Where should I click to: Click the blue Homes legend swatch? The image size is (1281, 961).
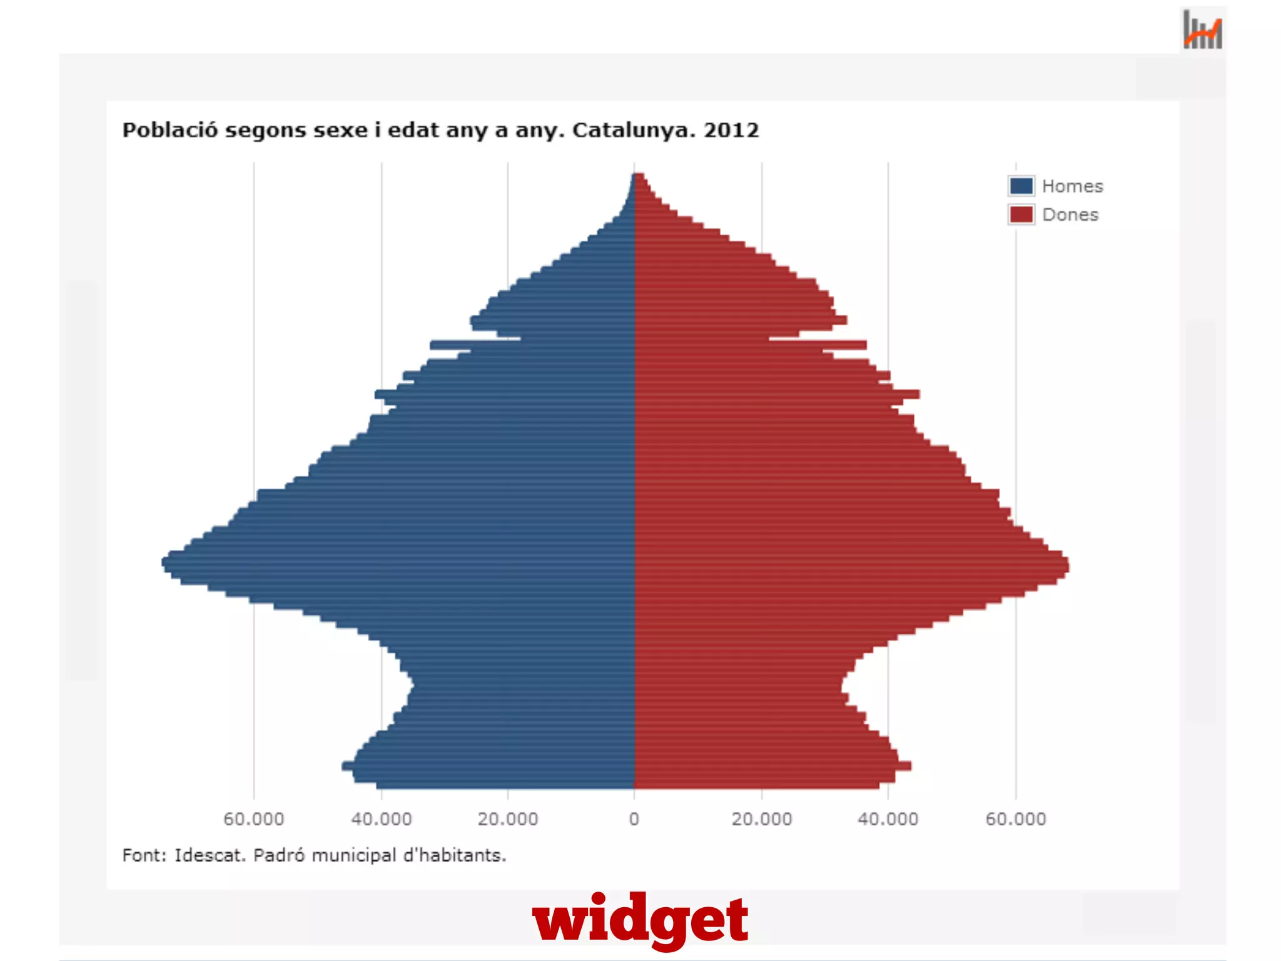[x=1021, y=186]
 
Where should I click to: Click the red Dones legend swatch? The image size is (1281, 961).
[x=1021, y=215]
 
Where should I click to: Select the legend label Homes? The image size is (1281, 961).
[x=1072, y=186]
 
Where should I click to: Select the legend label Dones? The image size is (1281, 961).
[x=1070, y=215]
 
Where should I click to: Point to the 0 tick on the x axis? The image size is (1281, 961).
[x=634, y=819]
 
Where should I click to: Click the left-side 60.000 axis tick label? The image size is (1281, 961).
[x=253, y=819]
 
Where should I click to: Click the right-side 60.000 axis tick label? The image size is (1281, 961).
[x=1015, y=819]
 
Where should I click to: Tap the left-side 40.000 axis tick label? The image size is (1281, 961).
[x=381, y=819]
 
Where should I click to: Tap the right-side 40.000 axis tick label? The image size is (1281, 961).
[x=888, y=819]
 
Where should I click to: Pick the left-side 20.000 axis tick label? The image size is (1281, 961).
[x=507, y=819]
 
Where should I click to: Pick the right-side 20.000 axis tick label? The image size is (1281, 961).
[x=761, y=819]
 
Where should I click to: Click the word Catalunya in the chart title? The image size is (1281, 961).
[x=633, y=130]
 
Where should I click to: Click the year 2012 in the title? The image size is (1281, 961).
[x=731, y=130]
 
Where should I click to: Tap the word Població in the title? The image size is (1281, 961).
[x=170, y=130]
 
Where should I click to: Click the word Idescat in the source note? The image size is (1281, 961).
[x=210, y=855]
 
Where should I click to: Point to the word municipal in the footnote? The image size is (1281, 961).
[x=353, y=855]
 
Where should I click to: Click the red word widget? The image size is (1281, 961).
[x=640, y=918]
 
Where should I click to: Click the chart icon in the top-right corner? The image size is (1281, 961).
[x=1202, y=30]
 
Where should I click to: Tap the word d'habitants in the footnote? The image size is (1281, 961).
[x=454, y=855]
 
